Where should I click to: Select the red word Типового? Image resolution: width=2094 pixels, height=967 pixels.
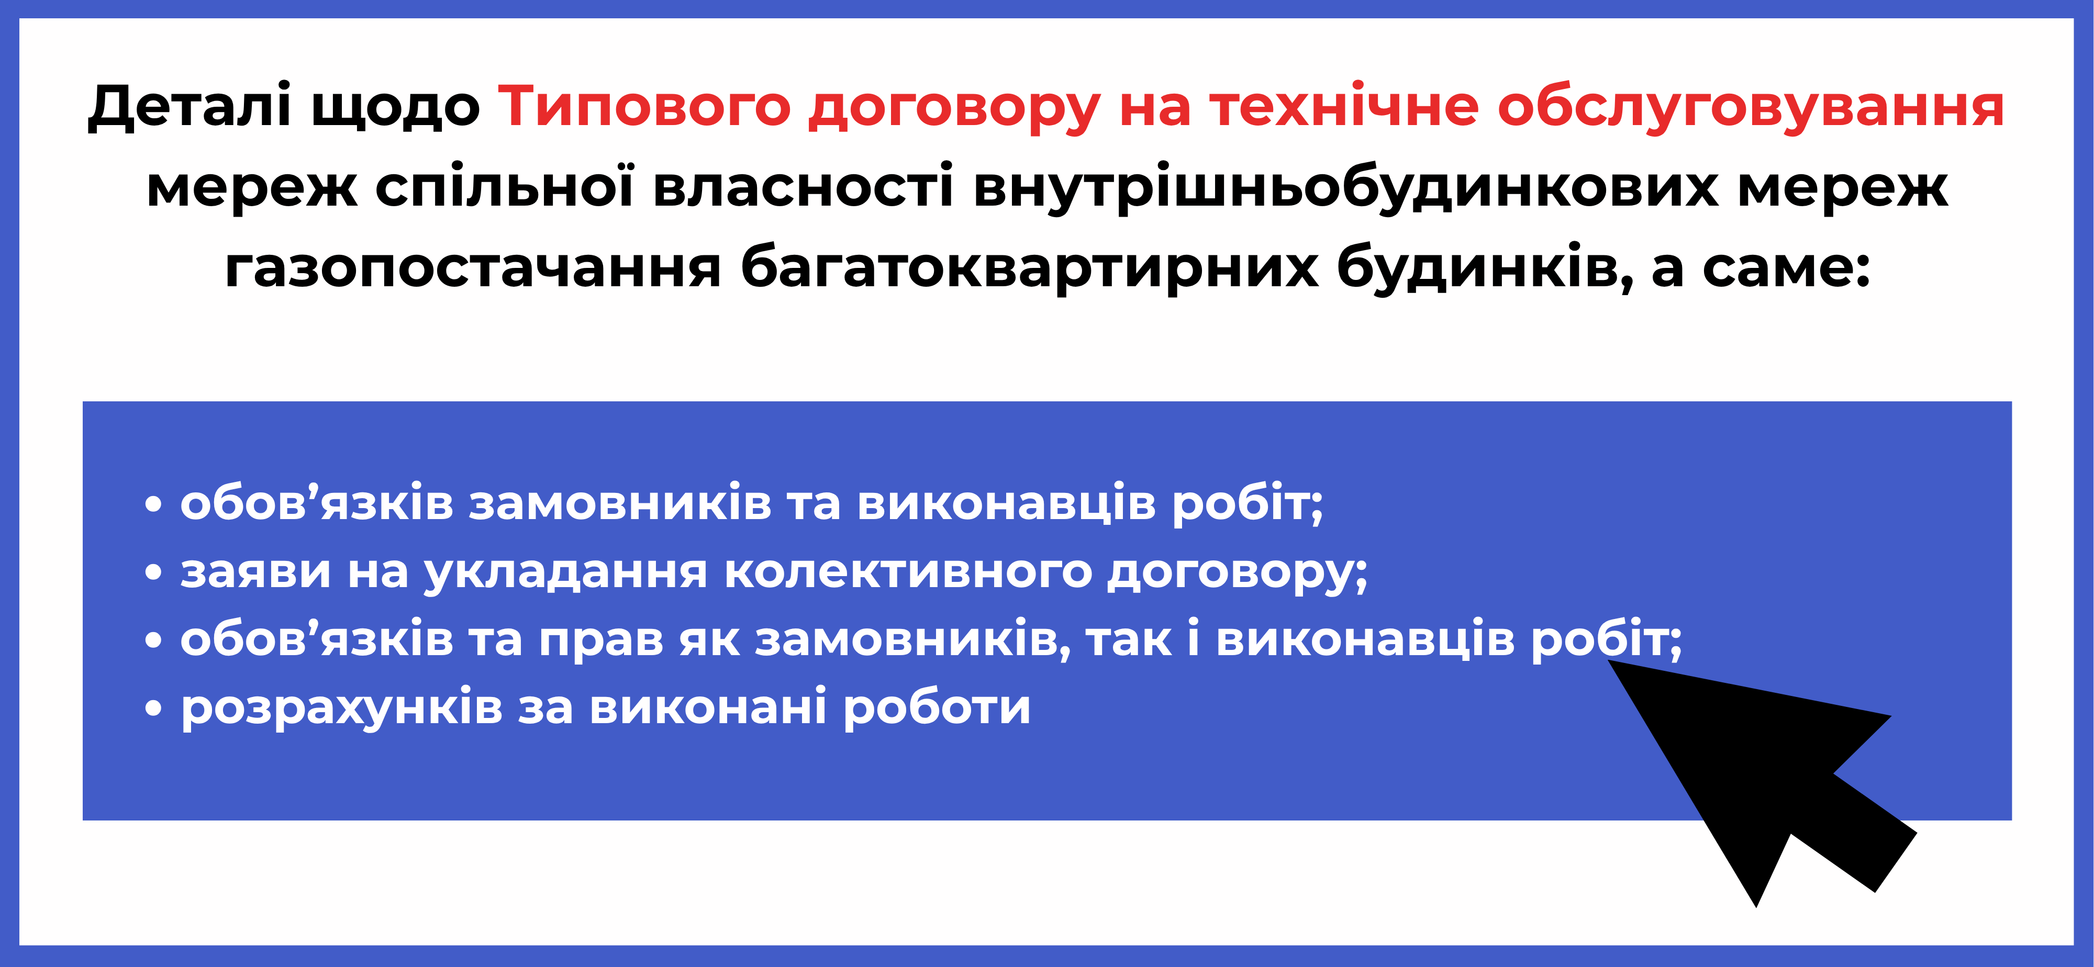644,106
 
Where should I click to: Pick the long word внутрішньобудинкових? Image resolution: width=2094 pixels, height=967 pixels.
1345,187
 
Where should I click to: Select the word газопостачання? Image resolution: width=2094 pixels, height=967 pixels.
473,268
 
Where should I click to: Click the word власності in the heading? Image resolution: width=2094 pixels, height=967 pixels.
803,187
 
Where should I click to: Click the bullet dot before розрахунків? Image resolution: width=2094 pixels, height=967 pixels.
153,709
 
